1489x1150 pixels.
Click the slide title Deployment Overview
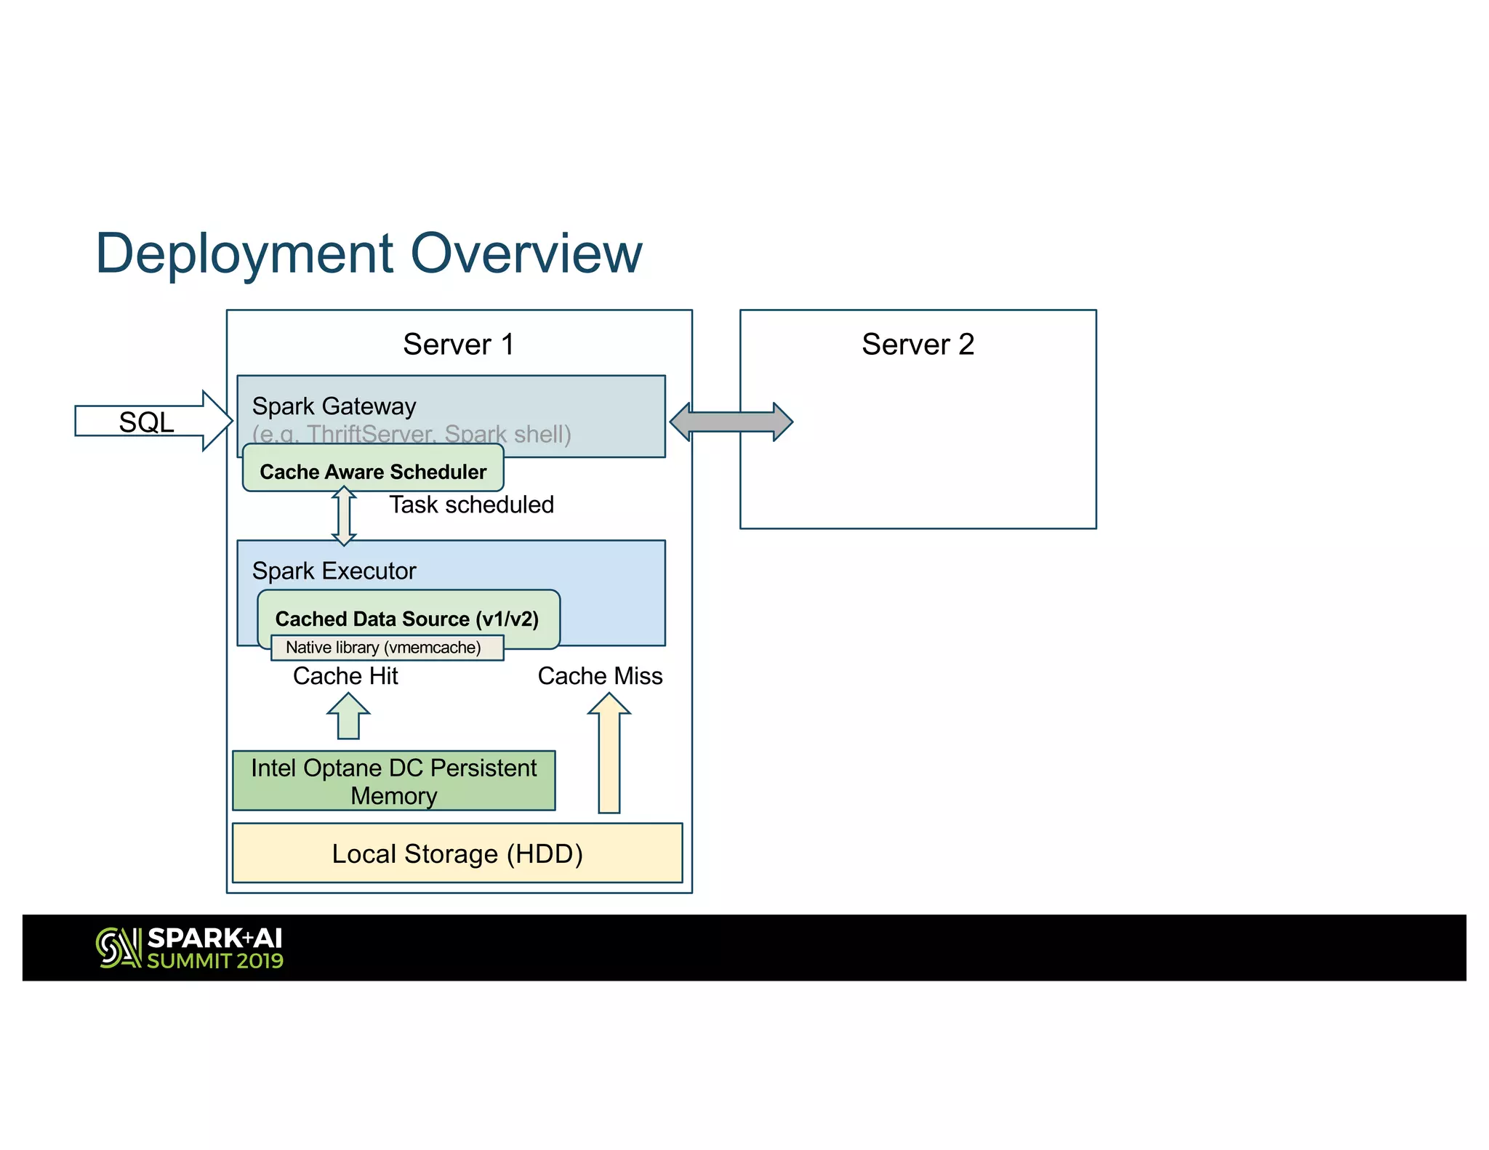click(x=369, y=254)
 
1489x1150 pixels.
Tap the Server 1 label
click(x=458, y=344)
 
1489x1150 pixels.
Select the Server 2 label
click(x=918, y=344)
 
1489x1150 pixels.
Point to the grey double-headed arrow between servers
click(x=731, y=422)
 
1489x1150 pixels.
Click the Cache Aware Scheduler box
click(x=373, y=471)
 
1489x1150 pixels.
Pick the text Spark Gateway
click(x=334, y=406)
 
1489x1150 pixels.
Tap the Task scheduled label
click(x=471, y=504)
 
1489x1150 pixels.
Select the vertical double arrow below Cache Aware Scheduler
click(x=344, y=516)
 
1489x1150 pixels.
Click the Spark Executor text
click(x=334, y=571)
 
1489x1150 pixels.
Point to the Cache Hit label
click(x=345, y=676)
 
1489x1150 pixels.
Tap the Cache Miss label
click(x=600, y=676)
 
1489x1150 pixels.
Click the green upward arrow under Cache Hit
click(x=348, y=717)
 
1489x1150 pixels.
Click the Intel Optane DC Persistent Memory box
click(x=393, y=781)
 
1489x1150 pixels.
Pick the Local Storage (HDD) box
click(x=457, y=853)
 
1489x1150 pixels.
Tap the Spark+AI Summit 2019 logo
click(x=190, y=948)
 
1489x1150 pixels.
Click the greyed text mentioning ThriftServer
click(x=412, y=435)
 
